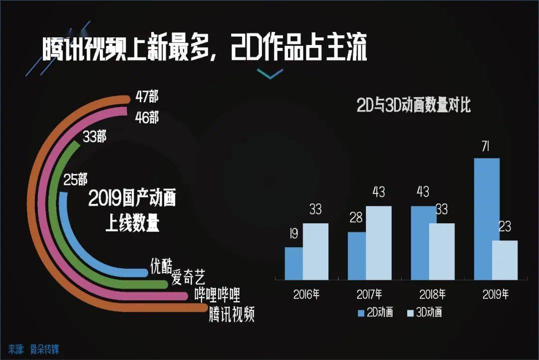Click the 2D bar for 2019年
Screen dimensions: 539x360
click(487, 219)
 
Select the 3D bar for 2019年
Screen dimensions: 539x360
click(505, 260)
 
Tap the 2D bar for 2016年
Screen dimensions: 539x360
click(294, 263)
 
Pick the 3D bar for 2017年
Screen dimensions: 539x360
click(378, 243)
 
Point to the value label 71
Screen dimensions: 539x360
click(486, 147)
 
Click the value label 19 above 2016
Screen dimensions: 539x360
click(294, 234)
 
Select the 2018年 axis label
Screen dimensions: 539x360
click(432, 294)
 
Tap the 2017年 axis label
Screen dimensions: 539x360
click(369, 294)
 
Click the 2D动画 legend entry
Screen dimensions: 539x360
click(375, 312)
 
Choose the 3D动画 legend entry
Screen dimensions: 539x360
click(425, 312)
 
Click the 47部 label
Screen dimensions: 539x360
click(147, 97)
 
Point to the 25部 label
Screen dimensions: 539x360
click(75, 180)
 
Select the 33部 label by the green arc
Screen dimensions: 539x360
click(94, 137)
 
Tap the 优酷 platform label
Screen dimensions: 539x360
click(161, 266)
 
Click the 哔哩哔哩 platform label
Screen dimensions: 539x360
click(217, 295)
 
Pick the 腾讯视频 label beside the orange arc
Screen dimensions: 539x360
click(232, 314)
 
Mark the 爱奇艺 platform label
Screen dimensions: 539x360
click(188, 277)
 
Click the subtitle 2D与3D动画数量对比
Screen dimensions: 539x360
click(414, 105)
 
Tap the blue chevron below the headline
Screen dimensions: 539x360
click(270, 73)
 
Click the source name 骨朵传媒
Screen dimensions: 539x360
click(44, 350)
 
